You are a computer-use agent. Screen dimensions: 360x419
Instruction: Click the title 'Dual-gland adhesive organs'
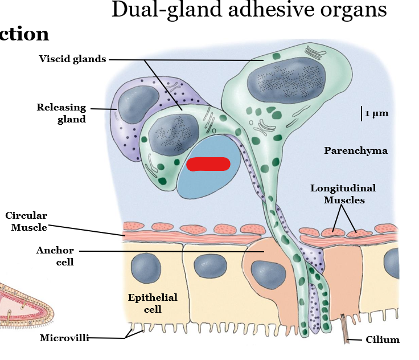tap(249, 10)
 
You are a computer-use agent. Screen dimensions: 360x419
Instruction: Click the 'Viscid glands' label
tap(72, 59)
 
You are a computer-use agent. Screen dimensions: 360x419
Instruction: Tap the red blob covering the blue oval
tap(208, 164)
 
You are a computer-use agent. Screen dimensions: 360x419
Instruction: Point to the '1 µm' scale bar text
tap(376, 113)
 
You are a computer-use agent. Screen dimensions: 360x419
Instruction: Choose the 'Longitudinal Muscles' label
tap(343, 194)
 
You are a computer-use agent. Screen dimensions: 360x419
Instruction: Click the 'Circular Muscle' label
tap(26, 222)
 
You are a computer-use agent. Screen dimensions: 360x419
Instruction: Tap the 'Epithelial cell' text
tap(153, 303)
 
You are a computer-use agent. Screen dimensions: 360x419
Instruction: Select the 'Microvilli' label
tap(64, 338)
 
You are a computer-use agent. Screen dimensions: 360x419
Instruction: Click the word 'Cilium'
tap(383, 340)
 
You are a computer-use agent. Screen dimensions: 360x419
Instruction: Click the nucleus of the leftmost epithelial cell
tap(142, 267)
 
